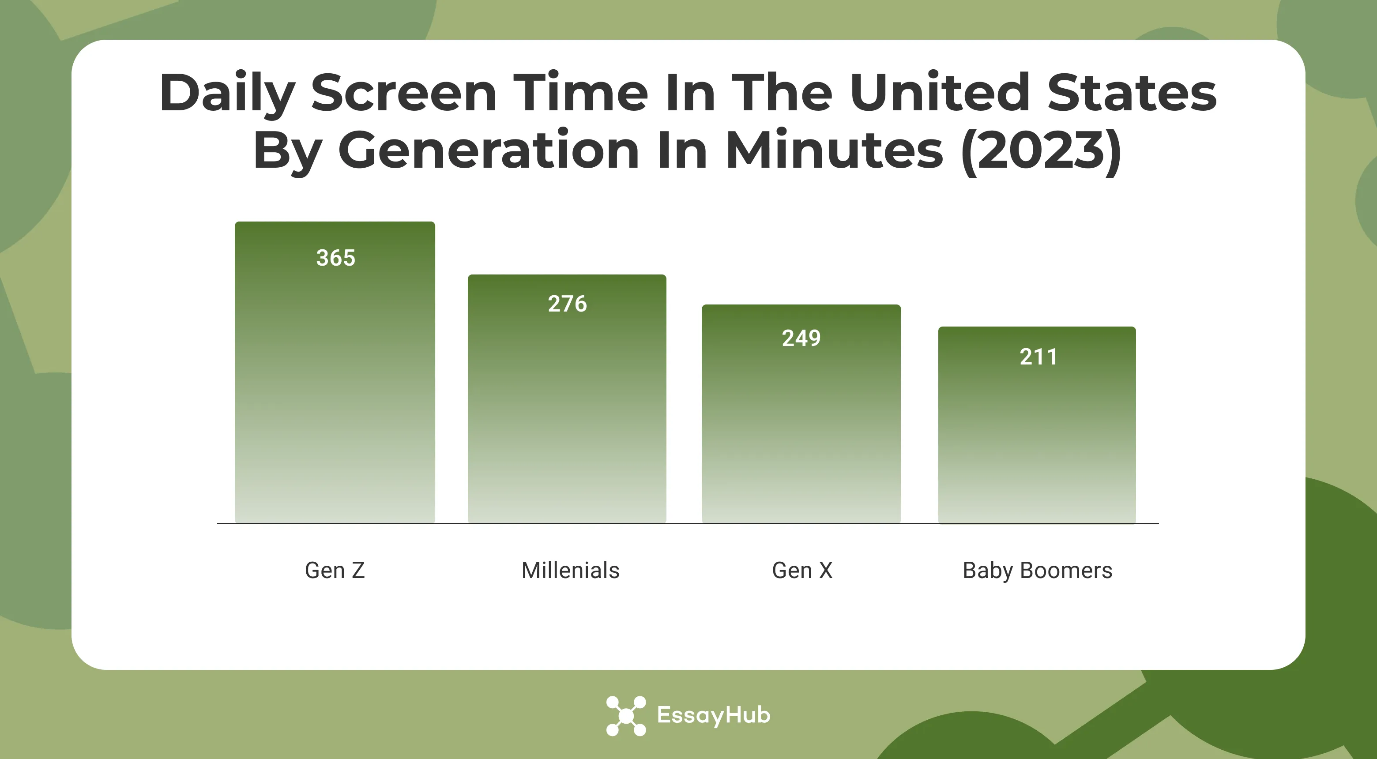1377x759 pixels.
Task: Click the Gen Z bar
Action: pos(335,385)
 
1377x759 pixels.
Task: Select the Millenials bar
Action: pos(567,406)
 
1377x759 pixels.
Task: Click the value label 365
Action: pos(336,258)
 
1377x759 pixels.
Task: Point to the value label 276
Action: pos(567,304)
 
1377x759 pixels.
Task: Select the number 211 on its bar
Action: pos(1038,357)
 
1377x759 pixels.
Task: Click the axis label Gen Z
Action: pos(335,570)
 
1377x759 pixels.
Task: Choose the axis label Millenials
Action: pos(570,570)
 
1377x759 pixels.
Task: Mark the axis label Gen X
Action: pos(802,570)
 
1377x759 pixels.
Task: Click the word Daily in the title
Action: pos(227,94)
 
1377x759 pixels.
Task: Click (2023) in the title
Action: pos(1041,151)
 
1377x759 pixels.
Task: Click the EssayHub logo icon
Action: pos(626,716)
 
